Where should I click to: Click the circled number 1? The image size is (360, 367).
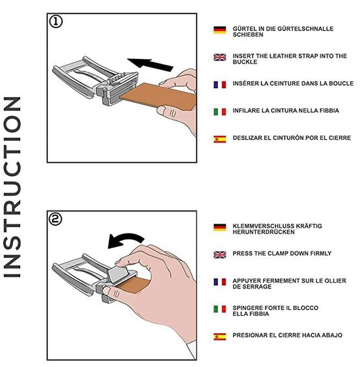56,22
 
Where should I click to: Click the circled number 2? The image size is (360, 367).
56,219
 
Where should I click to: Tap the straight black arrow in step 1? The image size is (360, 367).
150,64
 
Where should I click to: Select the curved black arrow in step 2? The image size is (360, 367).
125,240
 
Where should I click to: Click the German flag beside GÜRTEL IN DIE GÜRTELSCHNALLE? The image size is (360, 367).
219,30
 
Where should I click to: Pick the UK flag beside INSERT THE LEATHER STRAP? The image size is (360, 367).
219,57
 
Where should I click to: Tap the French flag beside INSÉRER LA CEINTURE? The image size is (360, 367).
219,84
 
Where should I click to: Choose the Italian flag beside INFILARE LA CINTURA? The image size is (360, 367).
219,112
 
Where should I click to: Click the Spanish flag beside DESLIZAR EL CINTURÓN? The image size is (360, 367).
219,139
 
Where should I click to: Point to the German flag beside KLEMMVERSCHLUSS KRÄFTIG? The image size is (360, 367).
219,228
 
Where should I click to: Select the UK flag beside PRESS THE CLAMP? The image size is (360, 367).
219,255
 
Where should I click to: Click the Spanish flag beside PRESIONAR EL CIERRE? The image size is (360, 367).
219,337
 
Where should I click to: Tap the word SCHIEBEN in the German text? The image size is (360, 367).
248,34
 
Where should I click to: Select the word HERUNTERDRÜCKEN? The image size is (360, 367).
263,232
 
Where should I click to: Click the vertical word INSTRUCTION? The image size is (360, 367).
12,187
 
